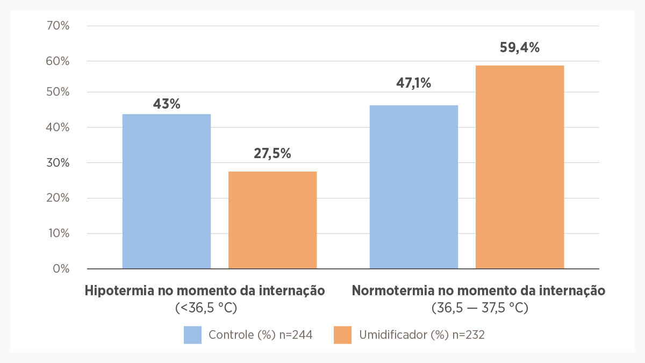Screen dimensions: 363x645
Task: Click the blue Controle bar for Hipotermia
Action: tap(167, 191)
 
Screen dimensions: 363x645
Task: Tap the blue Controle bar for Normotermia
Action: tap(414, 187)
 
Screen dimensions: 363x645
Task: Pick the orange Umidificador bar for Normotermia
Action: tap(520, 167)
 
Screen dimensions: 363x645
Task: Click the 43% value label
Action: tap(167, 104)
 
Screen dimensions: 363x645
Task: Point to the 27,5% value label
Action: tap(273, 153)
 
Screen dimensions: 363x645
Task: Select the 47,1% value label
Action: tap(414, 83)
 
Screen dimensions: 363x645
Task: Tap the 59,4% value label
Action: tap(520, 47)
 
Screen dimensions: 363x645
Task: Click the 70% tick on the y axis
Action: tap(58, 26)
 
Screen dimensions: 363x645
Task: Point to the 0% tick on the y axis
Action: tap(61, 268)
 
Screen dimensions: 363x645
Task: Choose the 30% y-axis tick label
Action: tap(58, 163)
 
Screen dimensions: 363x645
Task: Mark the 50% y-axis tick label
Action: tap(58, 92)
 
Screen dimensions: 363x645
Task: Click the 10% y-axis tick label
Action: tap(58, 233)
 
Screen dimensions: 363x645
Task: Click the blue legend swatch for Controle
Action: tap(192, 334)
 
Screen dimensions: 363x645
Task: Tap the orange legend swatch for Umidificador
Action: tap(342, 334)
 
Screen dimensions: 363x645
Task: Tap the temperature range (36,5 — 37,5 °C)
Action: tap(479, 308)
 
